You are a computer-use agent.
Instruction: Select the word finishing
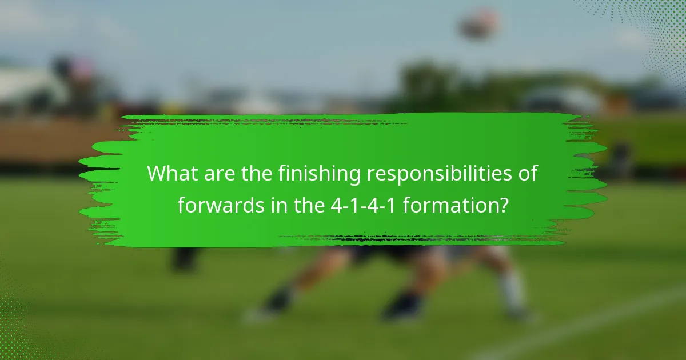pos(320,174)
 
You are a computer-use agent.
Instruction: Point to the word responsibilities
pos(441,174)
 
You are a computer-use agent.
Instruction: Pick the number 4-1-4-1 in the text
pos(364,204)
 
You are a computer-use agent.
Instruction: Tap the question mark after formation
pos(502,204)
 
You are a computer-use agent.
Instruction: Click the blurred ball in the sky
pos(479,24)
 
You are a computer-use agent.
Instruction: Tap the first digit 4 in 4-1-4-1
pos(336,204)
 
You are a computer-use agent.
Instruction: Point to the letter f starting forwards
pos(181,204)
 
